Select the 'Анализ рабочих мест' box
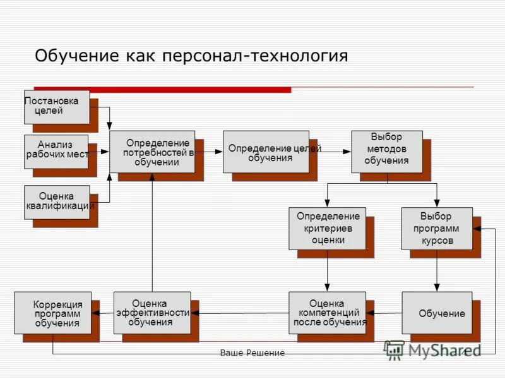coord(56,151)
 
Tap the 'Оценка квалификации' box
coord(57,202)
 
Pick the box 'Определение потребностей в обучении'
coord(152,152)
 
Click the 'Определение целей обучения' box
coord(266,152)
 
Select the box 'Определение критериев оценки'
coord(327,228)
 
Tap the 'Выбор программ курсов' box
coord(436,228)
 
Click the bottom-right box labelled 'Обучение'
coord(437,313)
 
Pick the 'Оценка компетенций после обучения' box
coord(327,312)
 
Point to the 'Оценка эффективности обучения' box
coord(152,312)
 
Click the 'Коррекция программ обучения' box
coord(53,312)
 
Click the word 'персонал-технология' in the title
coord(255,56)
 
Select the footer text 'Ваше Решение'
coord(252,353)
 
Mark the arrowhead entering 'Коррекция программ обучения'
coord(95,313)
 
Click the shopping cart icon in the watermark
coord(395,350)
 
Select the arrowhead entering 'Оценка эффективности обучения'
coord(194,313)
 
